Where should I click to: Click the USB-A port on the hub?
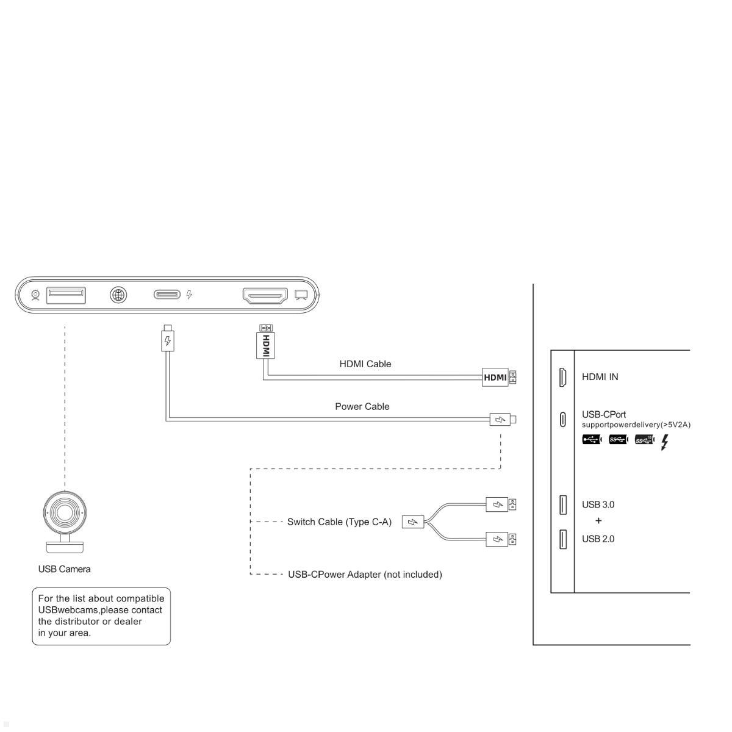(x=66, y=295)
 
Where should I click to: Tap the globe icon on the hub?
(x=118, y=295)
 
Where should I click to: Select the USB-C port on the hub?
(x=167, y=295)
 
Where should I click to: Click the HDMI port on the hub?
(x=265, y=296)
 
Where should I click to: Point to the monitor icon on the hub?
(x=301, y=295)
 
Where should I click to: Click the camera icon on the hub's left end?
(x=35, y=296)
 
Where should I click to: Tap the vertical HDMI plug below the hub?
(x=265, y=343)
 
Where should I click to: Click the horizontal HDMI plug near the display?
(x=496, y=377)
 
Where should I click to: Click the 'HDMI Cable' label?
(x=365, y=364)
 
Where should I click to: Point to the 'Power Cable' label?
(x=362, y=407)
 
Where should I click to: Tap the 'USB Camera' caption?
(x=64, y=569)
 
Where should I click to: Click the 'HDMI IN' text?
(x=600, y=377)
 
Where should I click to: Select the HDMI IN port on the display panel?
(x=562, y=377)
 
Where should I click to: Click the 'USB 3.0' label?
(x=598, y=504)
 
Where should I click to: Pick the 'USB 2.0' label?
(x=598, y=539)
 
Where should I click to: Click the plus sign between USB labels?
(x=598, y=521)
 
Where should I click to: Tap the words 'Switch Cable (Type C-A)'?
(x=339, y=522)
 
